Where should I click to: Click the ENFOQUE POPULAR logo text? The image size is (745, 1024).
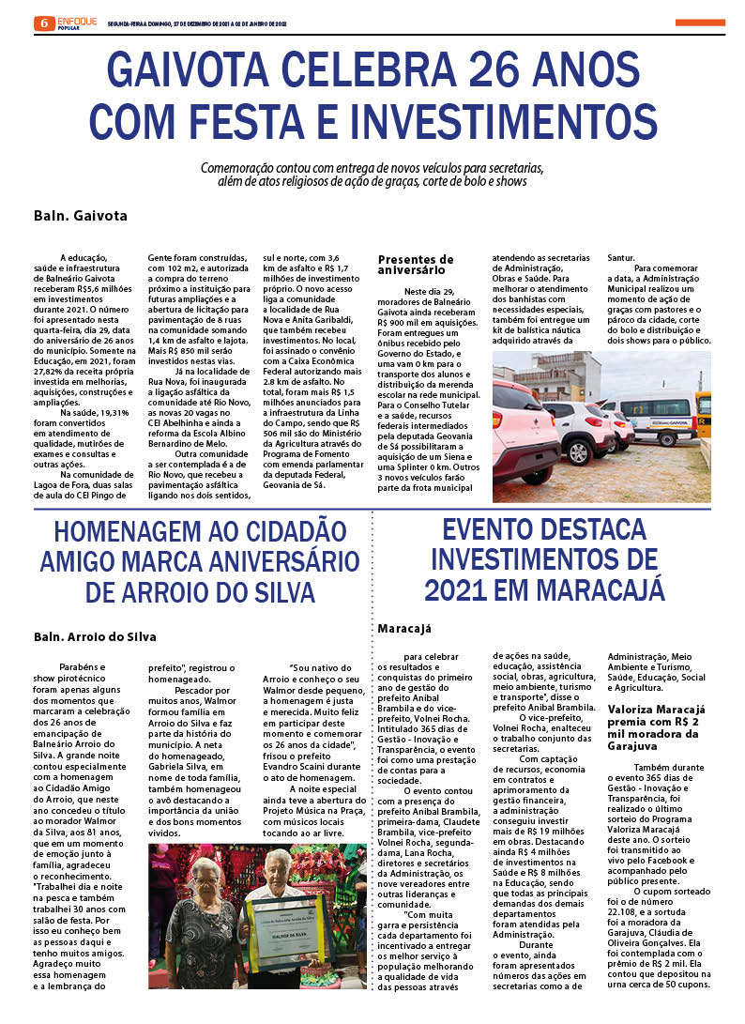point(77,22)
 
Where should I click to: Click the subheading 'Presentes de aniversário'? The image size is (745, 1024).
point(416,264)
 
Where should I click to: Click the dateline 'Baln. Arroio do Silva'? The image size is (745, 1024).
point(95,635)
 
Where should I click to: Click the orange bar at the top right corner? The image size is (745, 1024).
point(699,22)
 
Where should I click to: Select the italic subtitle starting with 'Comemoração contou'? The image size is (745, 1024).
point(372,175)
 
